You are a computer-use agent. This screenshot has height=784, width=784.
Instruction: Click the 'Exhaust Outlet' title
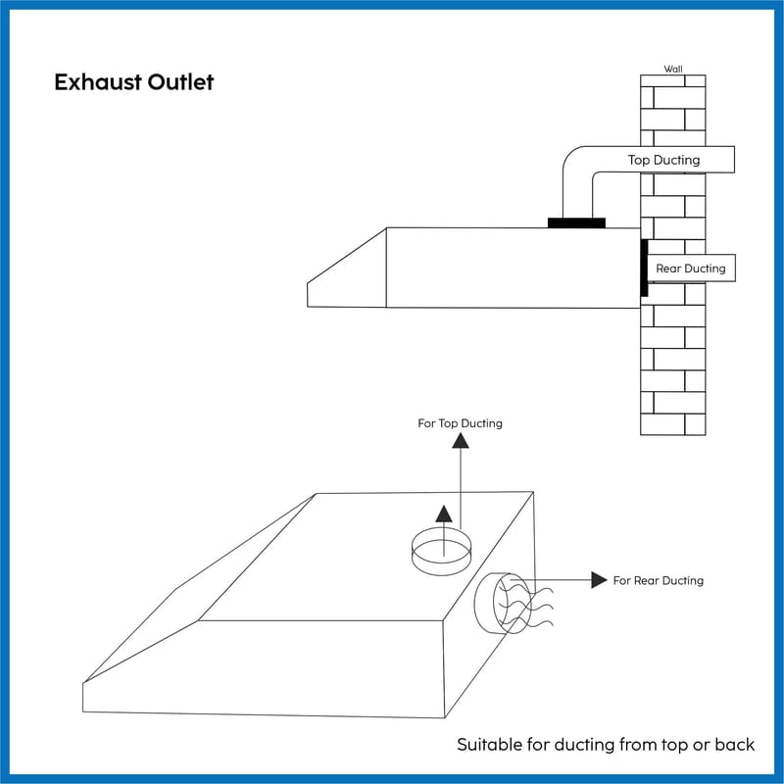(x=133, y=81)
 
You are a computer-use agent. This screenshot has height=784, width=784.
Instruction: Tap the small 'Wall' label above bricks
(x=673, y=69)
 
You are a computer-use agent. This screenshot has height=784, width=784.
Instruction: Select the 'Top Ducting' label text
(x=663, y=159)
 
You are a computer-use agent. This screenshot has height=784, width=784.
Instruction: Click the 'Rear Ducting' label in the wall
(x=690, y=268)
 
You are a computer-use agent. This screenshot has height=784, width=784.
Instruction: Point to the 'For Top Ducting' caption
(x=460, y=423)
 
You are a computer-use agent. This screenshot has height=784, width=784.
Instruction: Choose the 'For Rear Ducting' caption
(x=658, y=580)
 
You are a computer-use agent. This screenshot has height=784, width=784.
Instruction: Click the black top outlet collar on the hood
(x=576, y=222)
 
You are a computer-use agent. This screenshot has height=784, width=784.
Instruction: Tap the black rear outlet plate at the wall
(x=644, y=268)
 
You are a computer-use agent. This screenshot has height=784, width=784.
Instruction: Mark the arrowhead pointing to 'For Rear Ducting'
(x=599, y=579)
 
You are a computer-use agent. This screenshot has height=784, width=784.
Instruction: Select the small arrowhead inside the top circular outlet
(x=443, y=514)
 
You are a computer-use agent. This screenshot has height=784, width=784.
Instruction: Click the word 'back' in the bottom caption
(x=734, y=745)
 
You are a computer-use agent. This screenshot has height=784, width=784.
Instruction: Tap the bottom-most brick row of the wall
(x=672, y=423)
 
